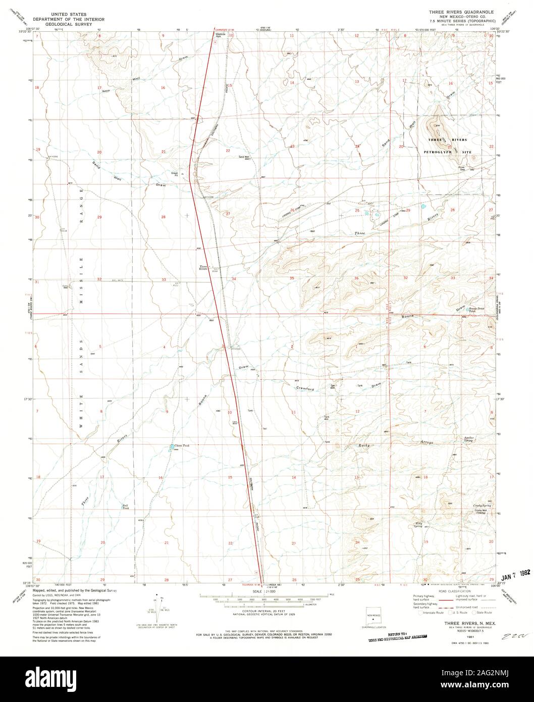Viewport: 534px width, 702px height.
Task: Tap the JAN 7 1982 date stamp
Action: (x=515, y=575)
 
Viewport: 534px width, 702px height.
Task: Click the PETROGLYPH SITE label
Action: (x=448, y=152)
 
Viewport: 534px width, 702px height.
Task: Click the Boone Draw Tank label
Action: (x=476, y=310)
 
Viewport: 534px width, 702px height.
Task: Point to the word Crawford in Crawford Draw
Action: (x=305, y=389)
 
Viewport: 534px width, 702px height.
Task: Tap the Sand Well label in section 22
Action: (x=244, y=157)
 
